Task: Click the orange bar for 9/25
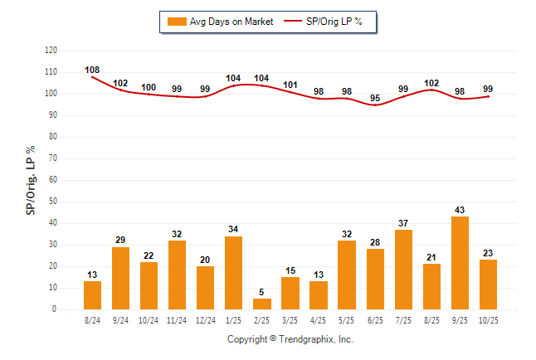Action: pos(460,263)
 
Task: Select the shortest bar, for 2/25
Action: pos(262,304)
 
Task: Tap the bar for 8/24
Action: pos(93,295)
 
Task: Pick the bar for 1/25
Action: pos(234,273)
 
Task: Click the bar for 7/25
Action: pos(403,270)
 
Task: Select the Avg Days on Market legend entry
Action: pos(220,22)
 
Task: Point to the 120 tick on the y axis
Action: pos(51,51)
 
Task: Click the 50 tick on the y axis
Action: pos(53,202)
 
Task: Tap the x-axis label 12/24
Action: pos(206,319)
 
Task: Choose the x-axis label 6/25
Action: pos(375,319)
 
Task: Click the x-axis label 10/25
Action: pos(488,319)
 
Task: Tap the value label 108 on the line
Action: pos(92,70)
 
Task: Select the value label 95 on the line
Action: pos(375,98)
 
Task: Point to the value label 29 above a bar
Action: pos(121,240)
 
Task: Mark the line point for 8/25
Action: pos(431,90)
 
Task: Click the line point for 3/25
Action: pos(290,91)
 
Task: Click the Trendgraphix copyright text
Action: pos(290,339)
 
